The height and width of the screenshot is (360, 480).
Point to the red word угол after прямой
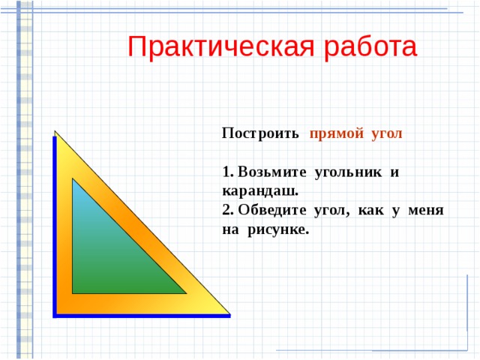(385, 134)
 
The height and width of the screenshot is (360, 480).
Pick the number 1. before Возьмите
(228, 173)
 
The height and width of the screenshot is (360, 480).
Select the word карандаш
(255, 192)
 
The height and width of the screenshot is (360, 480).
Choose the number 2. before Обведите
(228, 211)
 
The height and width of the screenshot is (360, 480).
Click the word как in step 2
(371, 211)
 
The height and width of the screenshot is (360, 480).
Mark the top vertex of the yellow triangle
(55, 132)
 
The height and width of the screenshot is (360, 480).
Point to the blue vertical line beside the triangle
(54, 225)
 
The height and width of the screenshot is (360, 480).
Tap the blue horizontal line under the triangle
(142, 316)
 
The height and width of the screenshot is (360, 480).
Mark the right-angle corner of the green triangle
(73, 292)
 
